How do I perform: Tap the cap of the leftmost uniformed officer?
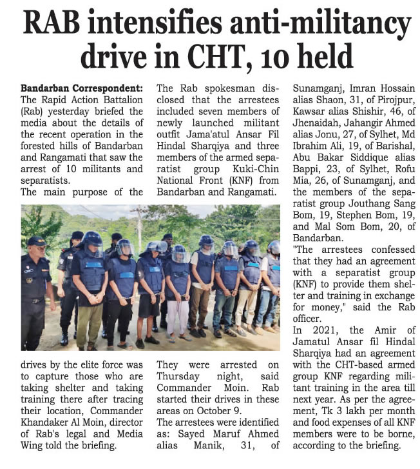pyautogui.click(x=36, y=241)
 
